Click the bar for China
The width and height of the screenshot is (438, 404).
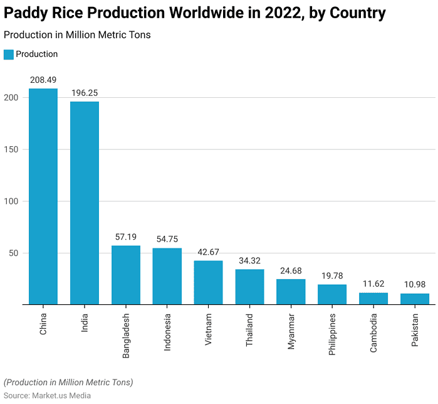coord(43,196)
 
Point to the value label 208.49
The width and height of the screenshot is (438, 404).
coord(43,80)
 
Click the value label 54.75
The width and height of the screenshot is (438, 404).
coord(167,239)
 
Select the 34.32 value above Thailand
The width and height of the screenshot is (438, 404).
coord(249,260)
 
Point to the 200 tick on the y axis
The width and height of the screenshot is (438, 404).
coord(11,98)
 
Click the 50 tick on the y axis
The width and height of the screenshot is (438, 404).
coord(14,253)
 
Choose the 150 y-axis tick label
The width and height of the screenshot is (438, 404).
coord(11,150)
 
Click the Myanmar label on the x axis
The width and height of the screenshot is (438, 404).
coord(291,331)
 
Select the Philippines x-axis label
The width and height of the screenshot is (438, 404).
coord(332,334)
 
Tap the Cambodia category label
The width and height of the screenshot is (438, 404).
coord(373,332)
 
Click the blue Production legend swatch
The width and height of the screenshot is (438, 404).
coord(8,55)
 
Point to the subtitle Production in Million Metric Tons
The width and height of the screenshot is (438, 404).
coord(77,35)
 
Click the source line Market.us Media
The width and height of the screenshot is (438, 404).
coord(47,395)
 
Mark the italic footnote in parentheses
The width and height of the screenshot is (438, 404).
coord(68,382)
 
